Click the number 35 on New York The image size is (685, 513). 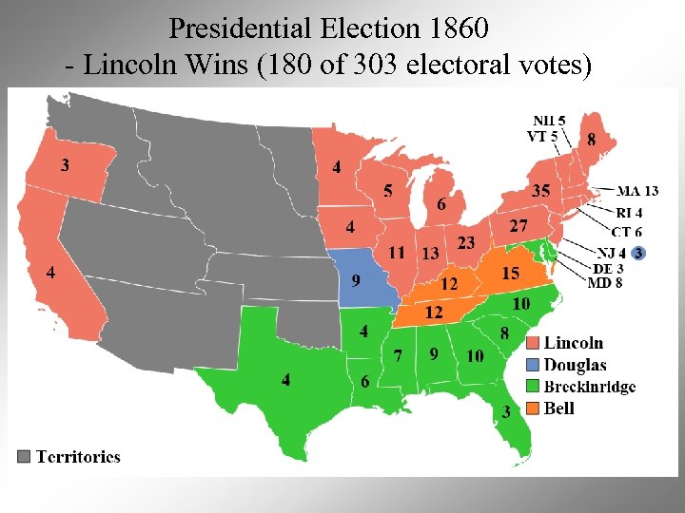click(x=540, y=191)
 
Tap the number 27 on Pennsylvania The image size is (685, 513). click(x=519, y=226)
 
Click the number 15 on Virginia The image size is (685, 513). click(x=511, y=274)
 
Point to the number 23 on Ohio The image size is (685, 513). click(x=466, y=243)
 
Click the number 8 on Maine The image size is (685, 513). click(x=593, y=140)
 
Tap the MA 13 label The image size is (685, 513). click(x=637, y=192)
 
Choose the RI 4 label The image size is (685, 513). click(x=629, y=213)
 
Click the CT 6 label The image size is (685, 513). click(x=626, y=232)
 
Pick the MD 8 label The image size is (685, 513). click(x=605, y=283)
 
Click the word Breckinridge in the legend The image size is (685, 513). click(x=590, y=387)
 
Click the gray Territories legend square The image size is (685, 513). click(x=25, y=456)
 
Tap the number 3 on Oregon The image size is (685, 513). click(x=65, y=165)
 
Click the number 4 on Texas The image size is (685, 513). click(x=286, y=380)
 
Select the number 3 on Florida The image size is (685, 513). click(x=506, y=411)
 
